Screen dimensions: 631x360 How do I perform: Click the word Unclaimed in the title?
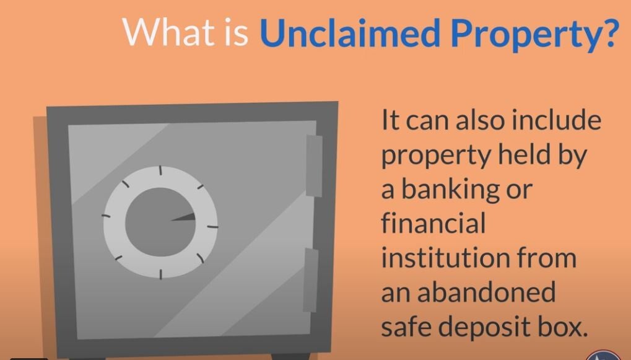tap(350, 32)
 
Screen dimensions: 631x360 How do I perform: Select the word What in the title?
tap(168, 32)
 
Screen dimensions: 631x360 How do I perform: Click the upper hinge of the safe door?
tap(314, 165)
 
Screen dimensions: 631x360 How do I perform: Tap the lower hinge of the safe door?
tap(311, 280)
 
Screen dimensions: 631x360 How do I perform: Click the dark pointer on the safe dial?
tap(183, 217)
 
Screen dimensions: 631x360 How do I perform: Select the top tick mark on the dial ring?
tap(160, 170)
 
